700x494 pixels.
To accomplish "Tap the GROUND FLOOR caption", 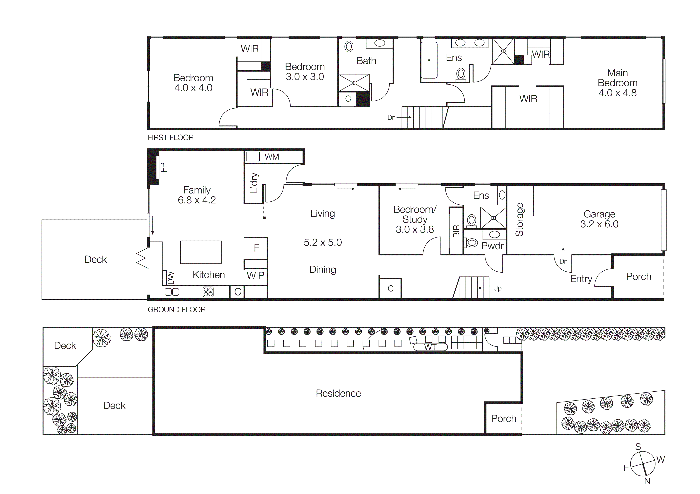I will [x=177, y=309].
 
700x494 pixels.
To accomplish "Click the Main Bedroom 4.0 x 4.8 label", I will [x=617, y=83].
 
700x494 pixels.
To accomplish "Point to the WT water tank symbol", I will [x=430, y=347].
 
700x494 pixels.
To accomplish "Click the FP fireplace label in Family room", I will [x=164, y=167].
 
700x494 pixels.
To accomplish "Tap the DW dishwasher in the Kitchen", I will [x=171, y=278].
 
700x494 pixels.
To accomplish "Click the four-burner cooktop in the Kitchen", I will [x=208, y=292].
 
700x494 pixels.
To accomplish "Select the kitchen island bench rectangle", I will [x=201, y=252].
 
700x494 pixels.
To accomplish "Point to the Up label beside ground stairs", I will [x=497, y=288].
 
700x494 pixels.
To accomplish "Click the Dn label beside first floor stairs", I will [x=392, y=118].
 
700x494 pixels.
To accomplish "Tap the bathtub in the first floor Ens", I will [x=429, y=60].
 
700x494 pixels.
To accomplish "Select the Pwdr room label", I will [x=492, y=246].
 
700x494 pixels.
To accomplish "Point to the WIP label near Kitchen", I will [x=255, y=275].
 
